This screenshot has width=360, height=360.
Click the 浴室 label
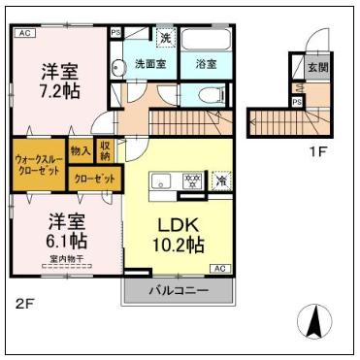205,64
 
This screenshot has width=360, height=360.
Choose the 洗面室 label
150,64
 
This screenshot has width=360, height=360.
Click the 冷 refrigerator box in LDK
221,180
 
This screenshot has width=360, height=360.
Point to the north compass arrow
316,321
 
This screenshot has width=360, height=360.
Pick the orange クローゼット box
95,180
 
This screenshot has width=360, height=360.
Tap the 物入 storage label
82,152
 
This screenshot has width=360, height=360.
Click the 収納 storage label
105,150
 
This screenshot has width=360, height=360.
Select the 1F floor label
317,151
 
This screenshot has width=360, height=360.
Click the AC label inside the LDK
219,267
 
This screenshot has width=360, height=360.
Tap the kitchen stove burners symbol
192,180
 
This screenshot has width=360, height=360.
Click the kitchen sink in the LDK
160,180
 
